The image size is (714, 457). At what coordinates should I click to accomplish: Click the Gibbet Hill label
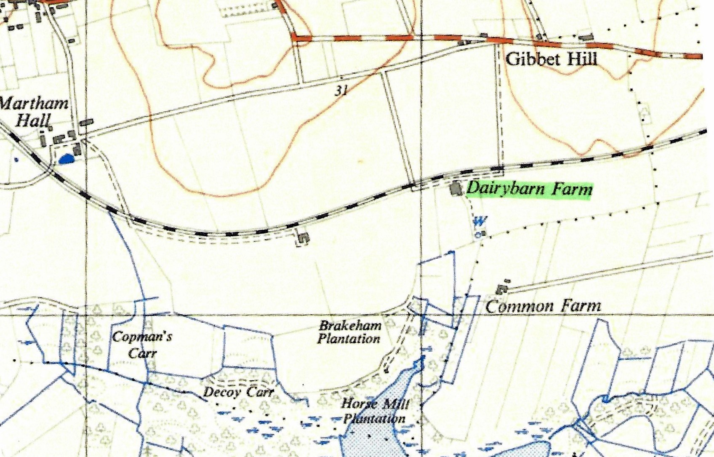(551, 58)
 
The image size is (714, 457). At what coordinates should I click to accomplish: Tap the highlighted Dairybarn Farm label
(529, 189)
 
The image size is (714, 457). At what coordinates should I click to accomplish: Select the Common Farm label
(543, 306)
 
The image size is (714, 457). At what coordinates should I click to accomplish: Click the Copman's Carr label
(142, 344)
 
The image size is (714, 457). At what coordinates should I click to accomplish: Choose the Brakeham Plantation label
(349, 332)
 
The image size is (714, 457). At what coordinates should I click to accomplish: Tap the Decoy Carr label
(238, 392)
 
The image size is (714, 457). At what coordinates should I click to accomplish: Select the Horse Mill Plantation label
(374, 411)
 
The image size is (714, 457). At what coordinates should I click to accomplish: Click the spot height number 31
(342, 90)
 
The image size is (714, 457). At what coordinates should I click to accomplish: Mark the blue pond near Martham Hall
(66, 159)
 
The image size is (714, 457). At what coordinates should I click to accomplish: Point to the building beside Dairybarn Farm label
(455, 188)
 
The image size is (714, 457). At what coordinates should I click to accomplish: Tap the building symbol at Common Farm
(501, 289)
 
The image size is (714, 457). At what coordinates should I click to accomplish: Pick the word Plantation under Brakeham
(349, 339)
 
